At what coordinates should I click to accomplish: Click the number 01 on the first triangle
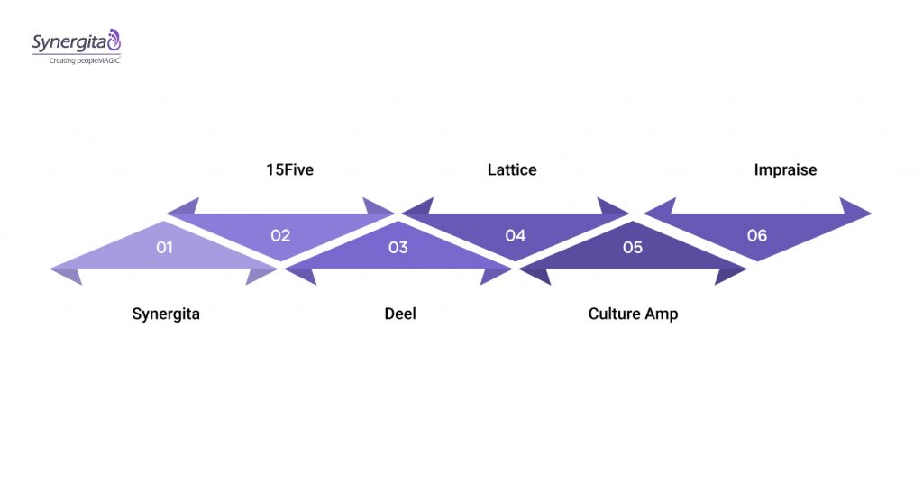tap(164, 247)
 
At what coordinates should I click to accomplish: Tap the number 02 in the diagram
tap(280, 235)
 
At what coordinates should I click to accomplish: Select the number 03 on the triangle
tap(398, 247)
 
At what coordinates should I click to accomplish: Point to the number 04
tap(515, 235)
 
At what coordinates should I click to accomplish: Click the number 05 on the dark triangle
tap(633, 247)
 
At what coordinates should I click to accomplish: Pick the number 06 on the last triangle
tap(757, 235)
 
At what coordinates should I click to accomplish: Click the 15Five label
tap(289, 169)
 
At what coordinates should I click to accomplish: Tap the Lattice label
tap(512, 169)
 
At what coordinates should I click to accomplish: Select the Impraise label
tap(785, 169)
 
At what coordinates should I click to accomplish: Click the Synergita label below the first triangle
tap(166, 314)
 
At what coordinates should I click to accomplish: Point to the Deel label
tap(400, 314)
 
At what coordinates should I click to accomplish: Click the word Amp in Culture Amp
tap(661, 314)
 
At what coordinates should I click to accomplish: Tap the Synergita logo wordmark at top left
tap(69, 41)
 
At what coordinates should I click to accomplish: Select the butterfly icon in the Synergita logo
tap(114, 40)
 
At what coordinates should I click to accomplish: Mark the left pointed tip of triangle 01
tap(52, 269)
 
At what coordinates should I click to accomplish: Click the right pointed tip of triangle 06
tap(870, 214)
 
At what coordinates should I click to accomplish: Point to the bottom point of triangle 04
tap(515, 260)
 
